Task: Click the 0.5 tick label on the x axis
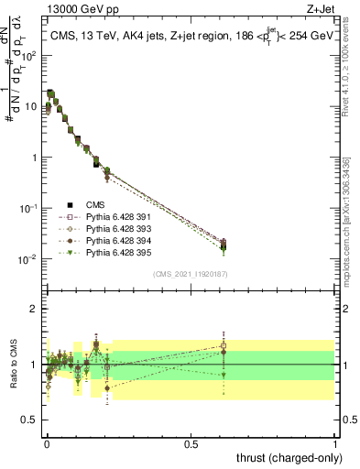(191, 442)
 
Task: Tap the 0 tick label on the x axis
(46, 442)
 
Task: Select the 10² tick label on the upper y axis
(30, 56)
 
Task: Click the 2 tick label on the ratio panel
(34, 309)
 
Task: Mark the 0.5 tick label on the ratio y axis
(30, 422)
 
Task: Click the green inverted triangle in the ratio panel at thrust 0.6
(223, 375)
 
